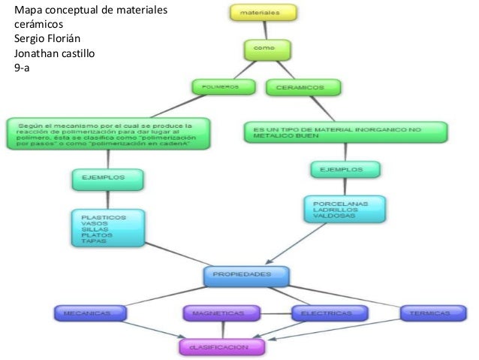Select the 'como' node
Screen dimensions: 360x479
coord(262,48)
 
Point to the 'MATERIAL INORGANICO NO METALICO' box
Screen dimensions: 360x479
coord(346,132)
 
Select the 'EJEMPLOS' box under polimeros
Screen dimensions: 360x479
coord(107,179)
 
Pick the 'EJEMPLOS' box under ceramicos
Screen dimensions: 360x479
coord(345,170)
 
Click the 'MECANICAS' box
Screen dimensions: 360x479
coord(83,312)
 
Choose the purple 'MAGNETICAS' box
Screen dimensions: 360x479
coord(221,312)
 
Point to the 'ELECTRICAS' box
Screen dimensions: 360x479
coord(326,312)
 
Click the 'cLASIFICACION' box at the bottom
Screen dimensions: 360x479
coord(223,346)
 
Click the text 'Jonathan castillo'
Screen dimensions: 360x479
coord(52,53)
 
